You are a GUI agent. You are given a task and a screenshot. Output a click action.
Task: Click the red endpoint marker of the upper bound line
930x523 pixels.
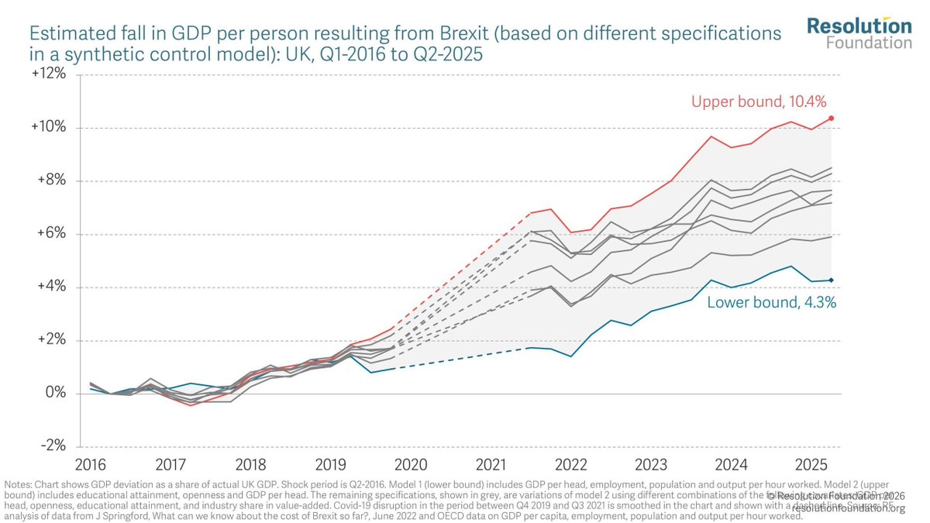[832, 118]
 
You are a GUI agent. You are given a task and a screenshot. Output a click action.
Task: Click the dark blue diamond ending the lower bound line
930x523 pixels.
[832, 280]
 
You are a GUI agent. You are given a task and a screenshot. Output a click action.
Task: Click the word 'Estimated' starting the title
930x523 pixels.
[67, 34]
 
